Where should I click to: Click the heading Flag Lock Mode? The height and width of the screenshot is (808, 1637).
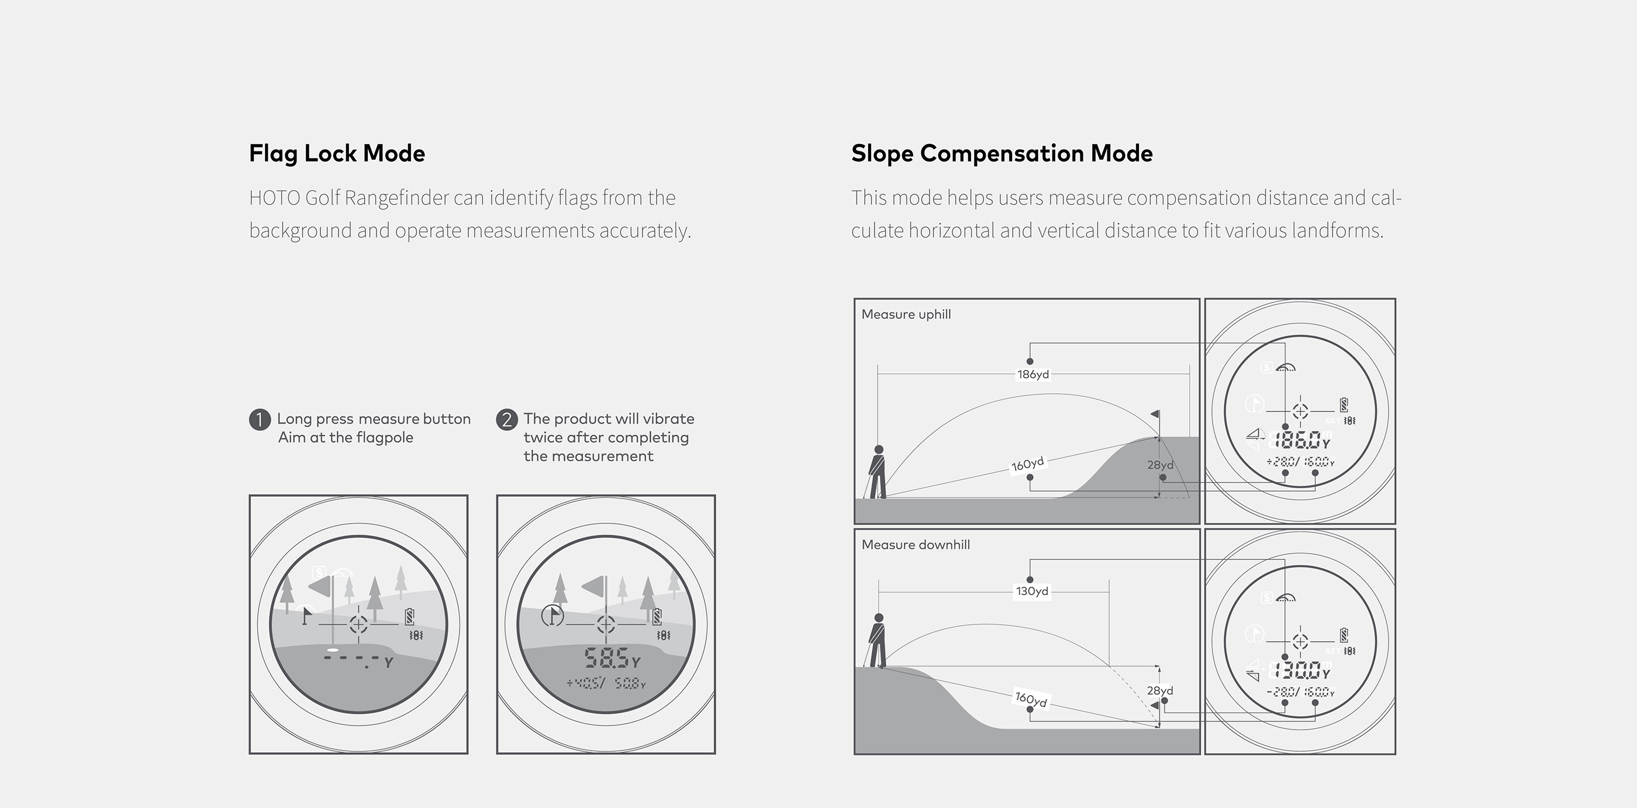(x=337, y=153)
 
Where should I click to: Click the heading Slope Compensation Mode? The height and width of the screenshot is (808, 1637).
(x=1001, y=153)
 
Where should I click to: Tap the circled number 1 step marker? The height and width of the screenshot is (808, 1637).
(x=259, y=420)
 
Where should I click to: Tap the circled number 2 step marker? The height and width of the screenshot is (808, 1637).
(x=506, y=420)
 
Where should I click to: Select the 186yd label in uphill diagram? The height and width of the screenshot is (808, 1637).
(x=1032, y=374)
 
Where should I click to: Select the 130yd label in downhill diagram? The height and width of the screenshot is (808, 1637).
(x=1031, y=591)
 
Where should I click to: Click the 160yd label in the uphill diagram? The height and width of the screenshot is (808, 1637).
(x=1028, y=464)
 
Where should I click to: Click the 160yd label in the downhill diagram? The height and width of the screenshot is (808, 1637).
(x=1031, y=699)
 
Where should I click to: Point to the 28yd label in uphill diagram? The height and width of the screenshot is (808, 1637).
(x=1160, y=465)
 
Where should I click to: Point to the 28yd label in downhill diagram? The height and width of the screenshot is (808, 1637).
(x=1160, y=690)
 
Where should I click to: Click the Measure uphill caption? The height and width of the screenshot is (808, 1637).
(x=906, y=314)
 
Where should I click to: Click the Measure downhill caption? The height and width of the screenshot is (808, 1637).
(x=915, y=545)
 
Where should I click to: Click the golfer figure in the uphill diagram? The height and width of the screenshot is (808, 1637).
(x=878, y=472)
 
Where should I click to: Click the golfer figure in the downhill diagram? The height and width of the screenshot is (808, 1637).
(x=878, y=640)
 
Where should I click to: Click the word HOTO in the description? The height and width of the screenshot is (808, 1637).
(x=275, y=198)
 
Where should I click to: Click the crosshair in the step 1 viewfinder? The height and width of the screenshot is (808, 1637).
(x=358, y=624)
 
